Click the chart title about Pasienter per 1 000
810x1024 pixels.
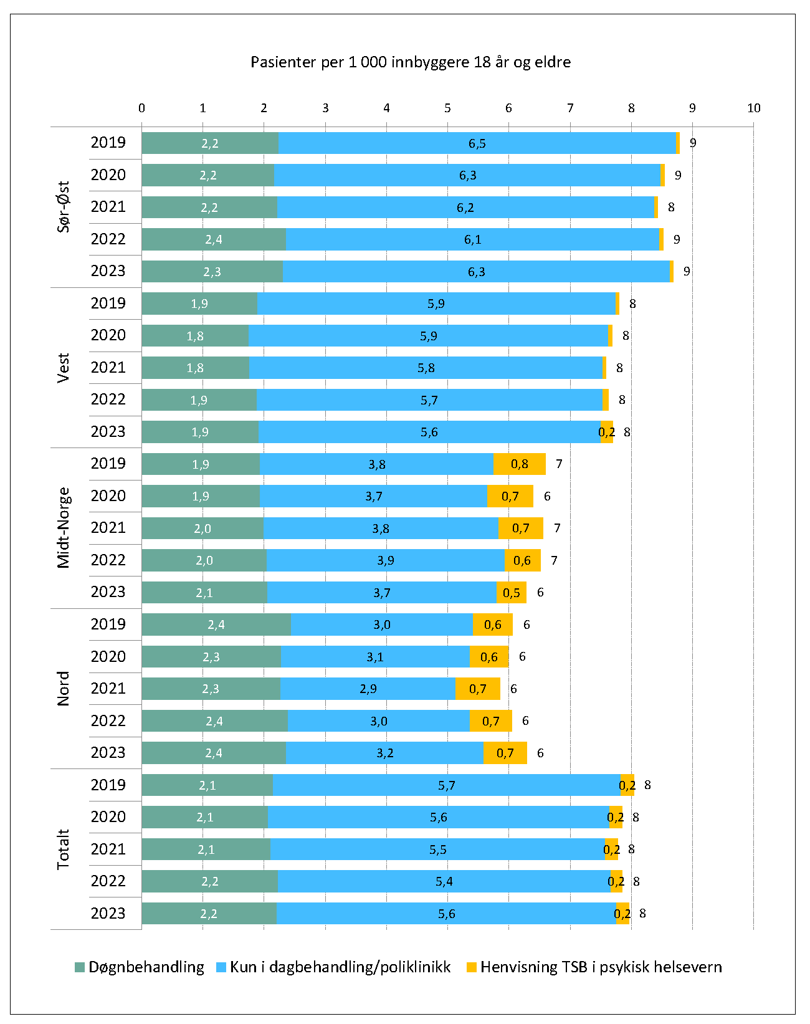pos(410,62)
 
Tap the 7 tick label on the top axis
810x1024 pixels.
pos(570,108)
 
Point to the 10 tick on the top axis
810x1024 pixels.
pos(753,108)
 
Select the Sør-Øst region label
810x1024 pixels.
pos(64,207)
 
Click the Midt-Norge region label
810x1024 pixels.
pos(64,528)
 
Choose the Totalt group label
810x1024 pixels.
pos(64,849)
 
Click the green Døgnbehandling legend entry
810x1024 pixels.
pos(140,967)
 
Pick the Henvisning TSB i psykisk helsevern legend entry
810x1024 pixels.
pos(594,967)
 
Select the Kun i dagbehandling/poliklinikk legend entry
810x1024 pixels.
pos(333,967)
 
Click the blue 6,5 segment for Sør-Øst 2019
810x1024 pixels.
pos(477,143)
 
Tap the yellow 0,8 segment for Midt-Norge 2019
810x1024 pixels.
pos(519,464)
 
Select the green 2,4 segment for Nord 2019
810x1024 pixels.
pos(216,624)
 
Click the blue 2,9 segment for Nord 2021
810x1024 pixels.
pos(368,689)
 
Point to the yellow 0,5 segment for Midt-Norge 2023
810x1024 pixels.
pos(511,593)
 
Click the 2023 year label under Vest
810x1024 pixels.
pos(108,432)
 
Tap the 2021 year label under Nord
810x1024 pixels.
pos(108,689)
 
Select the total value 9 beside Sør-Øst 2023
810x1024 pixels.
pos(687,272)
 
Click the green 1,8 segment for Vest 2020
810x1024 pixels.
pos(195,336)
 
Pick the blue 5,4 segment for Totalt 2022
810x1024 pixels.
pos(444,881)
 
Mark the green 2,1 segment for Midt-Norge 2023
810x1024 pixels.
pos(204,593)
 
